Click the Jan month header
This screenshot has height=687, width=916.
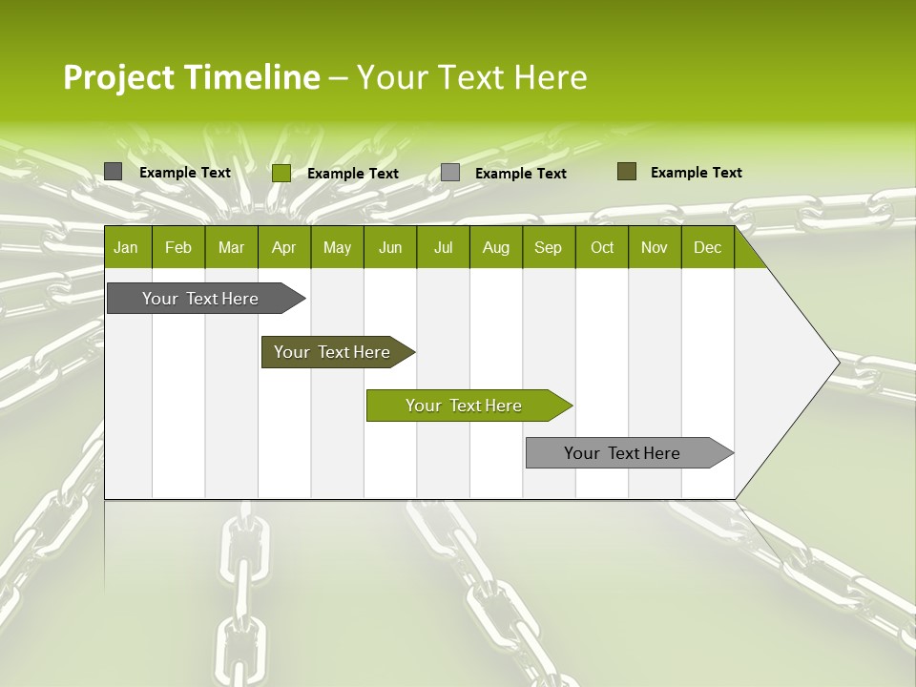pos(126,248)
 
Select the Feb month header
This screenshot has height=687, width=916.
pos(178,248)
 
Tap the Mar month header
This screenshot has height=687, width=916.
pos(231,248)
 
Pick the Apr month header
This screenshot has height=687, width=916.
pos(283,248)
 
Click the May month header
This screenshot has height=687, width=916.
pos(337,248)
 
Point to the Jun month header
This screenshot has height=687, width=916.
pos(390,248)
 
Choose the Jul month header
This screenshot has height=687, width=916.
pos(443,248)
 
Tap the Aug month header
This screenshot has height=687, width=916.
pos(495,248)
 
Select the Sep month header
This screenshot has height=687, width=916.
pos(548,248)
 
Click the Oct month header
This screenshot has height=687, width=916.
pos(602,248)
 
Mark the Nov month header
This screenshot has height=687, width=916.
pos(655,248)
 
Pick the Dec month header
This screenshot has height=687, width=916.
pos(707,248)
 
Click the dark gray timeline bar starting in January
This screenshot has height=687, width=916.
pos(201,299)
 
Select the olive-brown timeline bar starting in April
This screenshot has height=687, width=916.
pos(333,352)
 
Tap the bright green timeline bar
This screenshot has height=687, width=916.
pos(464,406)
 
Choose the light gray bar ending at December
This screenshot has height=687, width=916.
pos(623,453)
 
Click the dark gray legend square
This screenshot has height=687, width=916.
pos(113,172)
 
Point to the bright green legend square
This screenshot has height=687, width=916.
pos(281,173)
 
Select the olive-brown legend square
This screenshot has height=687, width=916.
pos(627,172)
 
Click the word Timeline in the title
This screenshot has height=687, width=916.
pos(252,77)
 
